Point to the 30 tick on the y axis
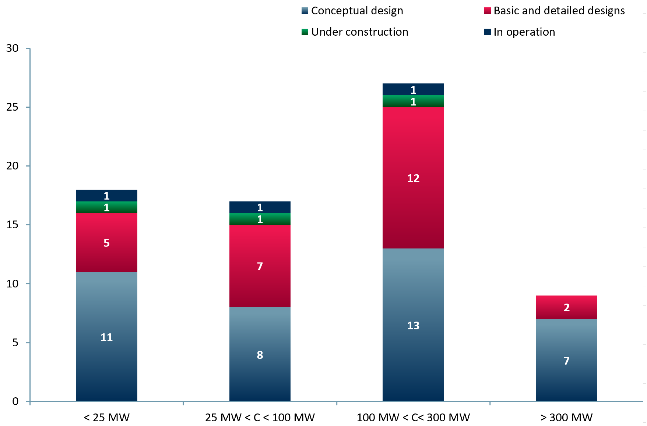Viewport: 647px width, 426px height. point(12,48)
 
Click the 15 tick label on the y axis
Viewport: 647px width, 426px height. point(12,225)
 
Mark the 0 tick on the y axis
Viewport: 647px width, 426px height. point(15,401)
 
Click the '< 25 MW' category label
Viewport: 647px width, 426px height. point(106,418)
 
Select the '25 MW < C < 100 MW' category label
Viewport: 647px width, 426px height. point(260,418)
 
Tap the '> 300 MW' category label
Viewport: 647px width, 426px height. point(566,418)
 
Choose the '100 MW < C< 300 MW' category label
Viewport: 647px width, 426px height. point(413,418)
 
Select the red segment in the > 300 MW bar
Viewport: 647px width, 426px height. point(566,307)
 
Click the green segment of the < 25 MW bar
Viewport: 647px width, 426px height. point(106,207)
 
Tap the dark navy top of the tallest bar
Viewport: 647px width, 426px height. point(413,89)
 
